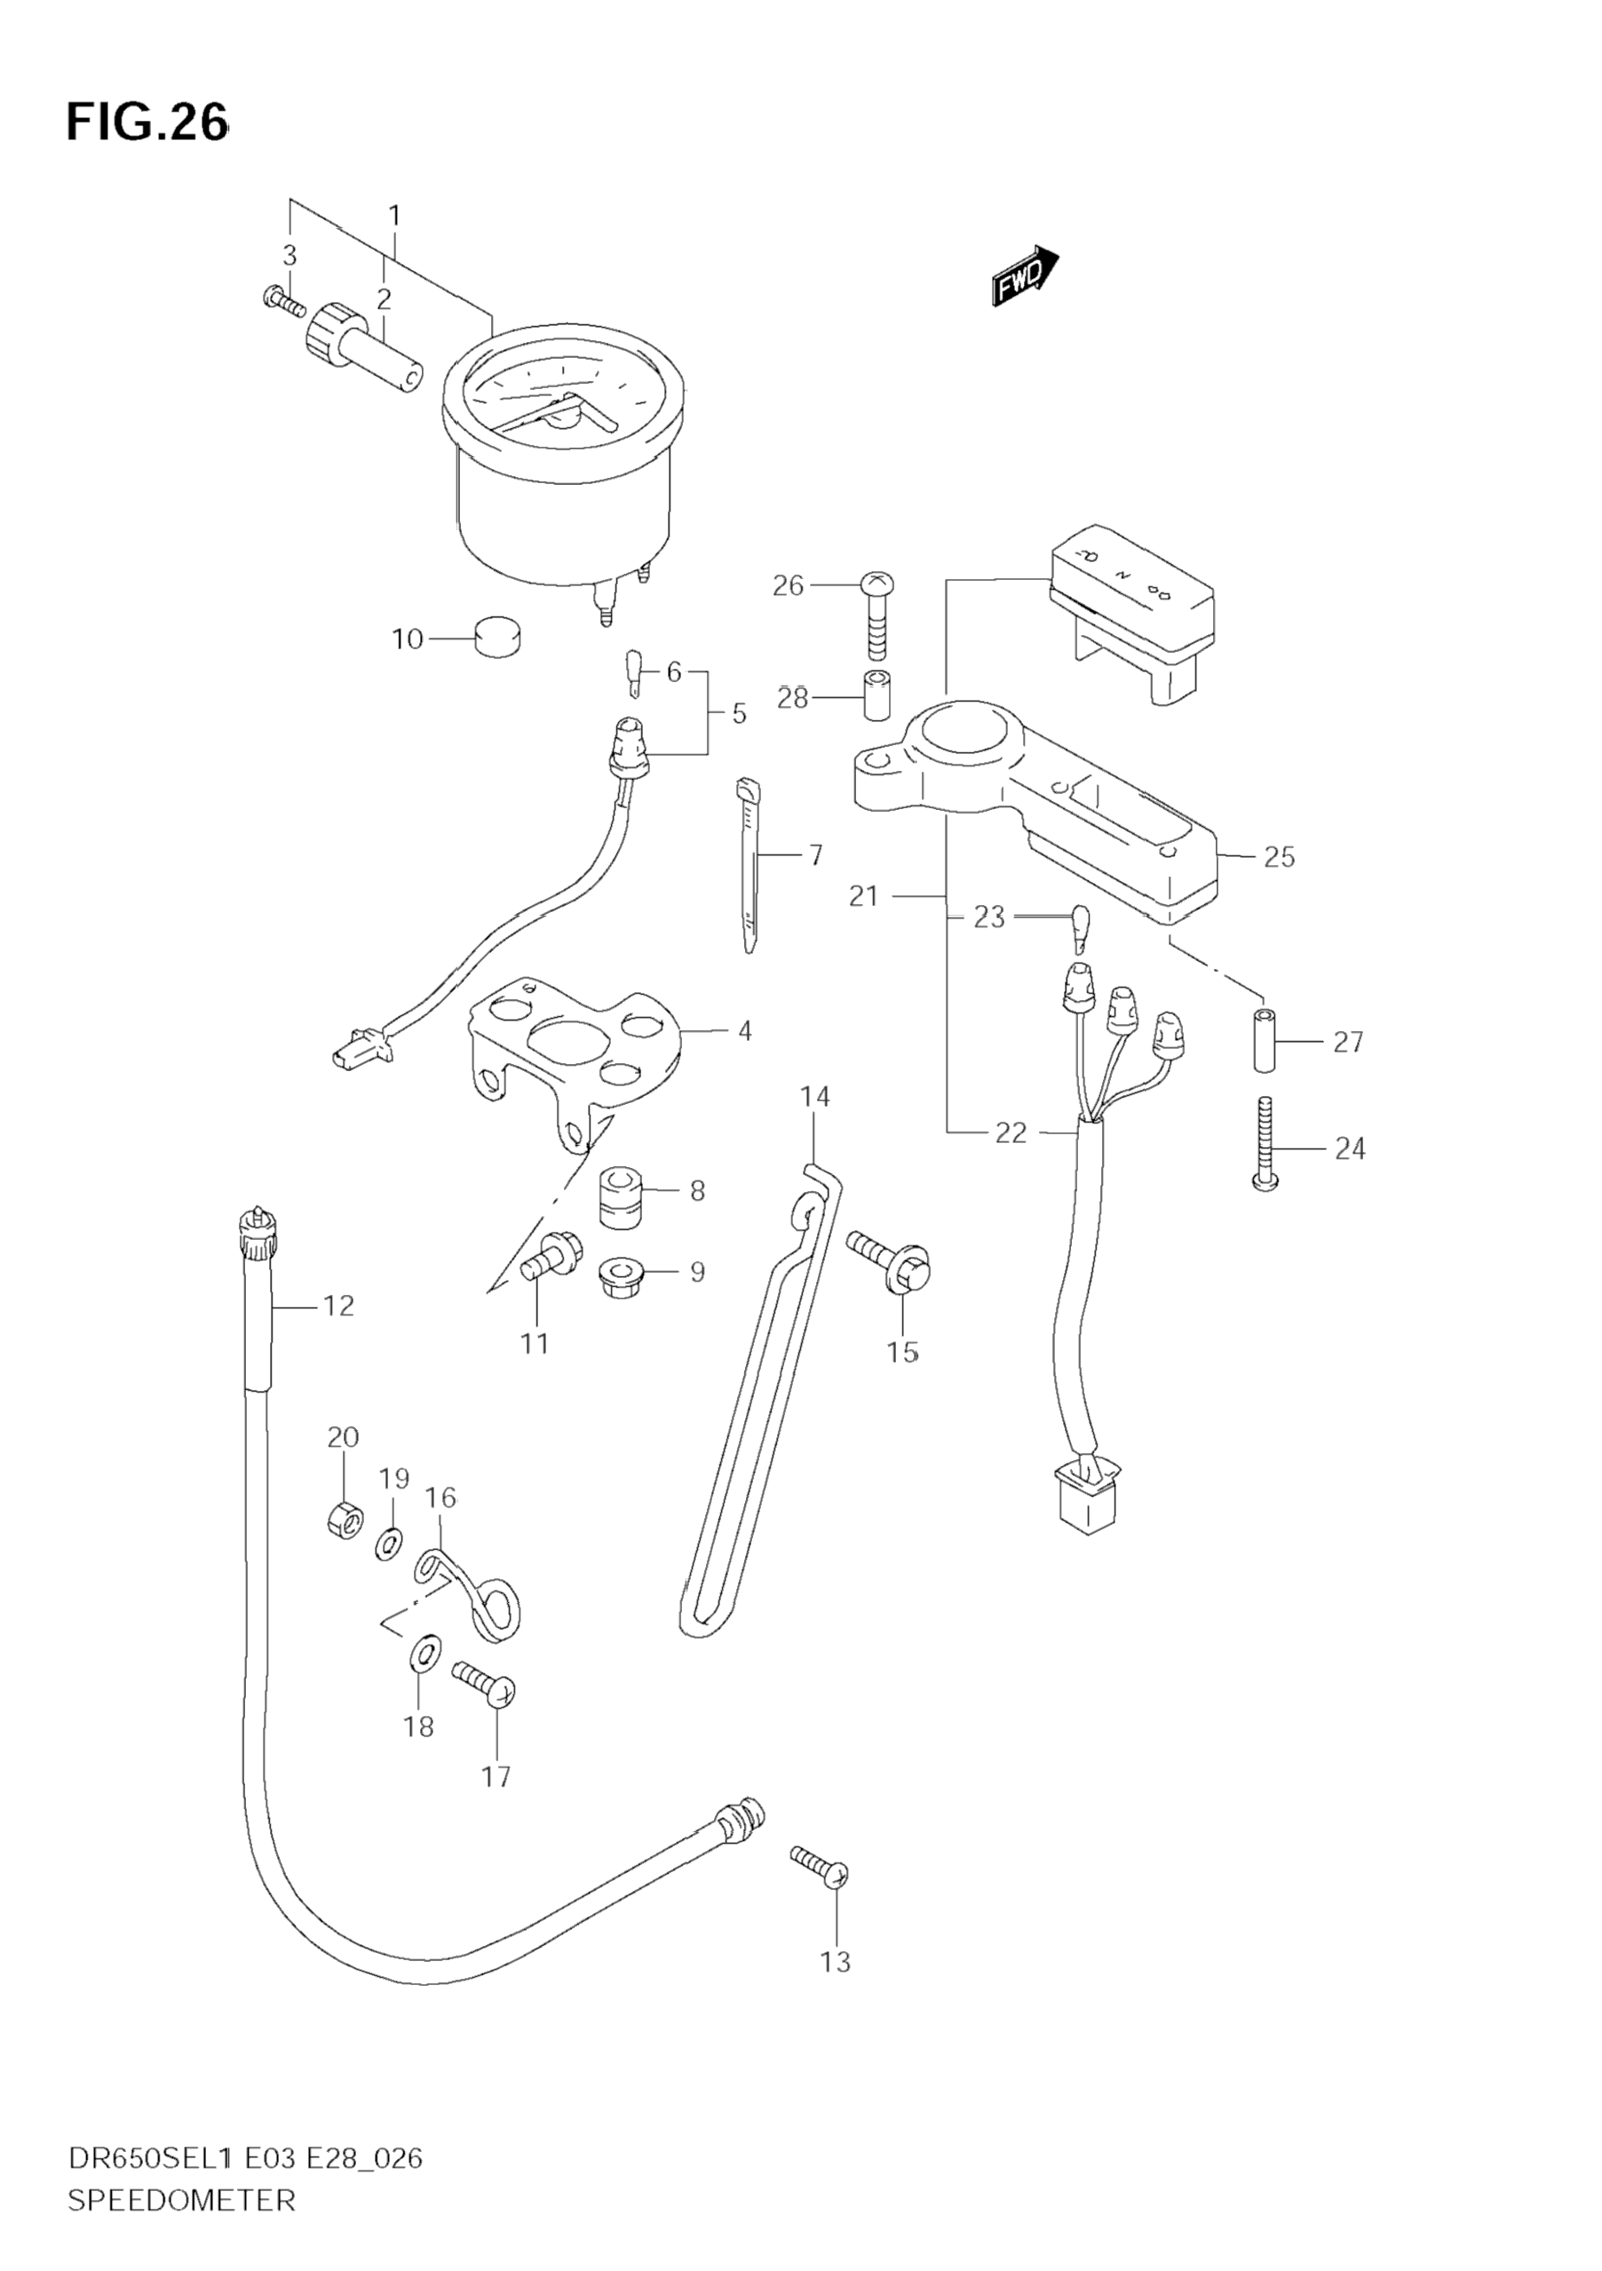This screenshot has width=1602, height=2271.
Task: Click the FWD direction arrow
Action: click(1026, 275)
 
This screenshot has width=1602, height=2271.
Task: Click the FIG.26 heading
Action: click(147, 123)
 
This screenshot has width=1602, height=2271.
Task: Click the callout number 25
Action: click(1279, 856)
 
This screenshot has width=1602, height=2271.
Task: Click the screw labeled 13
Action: click(820, 1865)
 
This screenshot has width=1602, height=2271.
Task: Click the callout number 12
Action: click(338, 1306)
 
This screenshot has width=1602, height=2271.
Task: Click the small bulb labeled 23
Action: click(1080, 929)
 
